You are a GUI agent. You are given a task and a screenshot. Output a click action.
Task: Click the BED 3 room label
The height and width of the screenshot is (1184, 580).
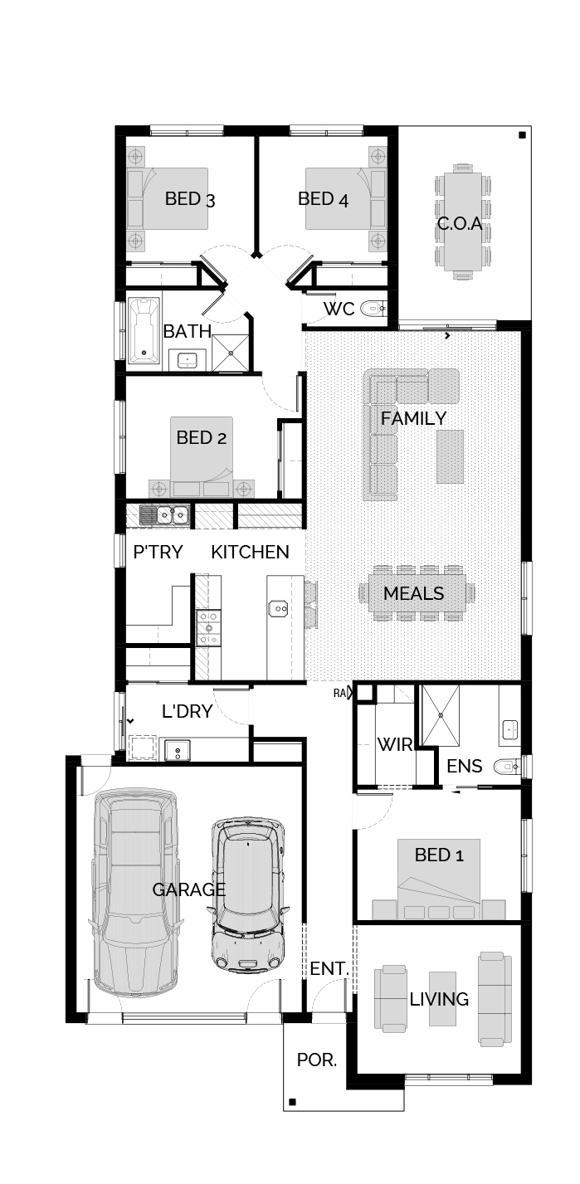pyautogui.click(x=190, y=199)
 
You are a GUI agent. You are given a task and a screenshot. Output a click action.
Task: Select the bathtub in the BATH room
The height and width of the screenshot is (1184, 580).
pyautogui.click(x=144, y=331)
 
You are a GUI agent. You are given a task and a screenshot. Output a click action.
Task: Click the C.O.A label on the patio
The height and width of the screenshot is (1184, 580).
pyautogui.click(x=460, y=223)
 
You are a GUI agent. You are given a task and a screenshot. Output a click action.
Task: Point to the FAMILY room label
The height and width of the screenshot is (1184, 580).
pyautogui.click(x=413, y=419)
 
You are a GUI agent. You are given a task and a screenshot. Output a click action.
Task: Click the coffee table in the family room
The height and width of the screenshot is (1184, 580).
pyautogui.click(x=450, y=456)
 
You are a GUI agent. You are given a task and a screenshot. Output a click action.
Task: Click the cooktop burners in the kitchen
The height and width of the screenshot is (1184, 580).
pyautogui.click(x=209, y=627)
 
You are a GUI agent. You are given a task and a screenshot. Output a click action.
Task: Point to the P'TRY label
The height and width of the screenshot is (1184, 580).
pyautogui.click(x=158, y=552)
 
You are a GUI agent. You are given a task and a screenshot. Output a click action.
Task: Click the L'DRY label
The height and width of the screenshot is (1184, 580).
pyautogui.click(x=188, y=711)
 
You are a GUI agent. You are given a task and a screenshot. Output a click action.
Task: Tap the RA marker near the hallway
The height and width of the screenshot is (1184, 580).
pyautogui.click(x=339, y=693)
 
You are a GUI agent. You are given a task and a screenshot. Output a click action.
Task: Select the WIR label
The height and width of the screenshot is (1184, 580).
pyautogui.click(x=394, y=744)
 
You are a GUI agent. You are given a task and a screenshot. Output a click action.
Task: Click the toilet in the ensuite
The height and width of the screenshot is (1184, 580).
pyautogui.click(x=507, y=766)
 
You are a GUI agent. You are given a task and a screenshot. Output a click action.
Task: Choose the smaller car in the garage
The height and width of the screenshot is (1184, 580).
pyautogui.click(x=248, y=894)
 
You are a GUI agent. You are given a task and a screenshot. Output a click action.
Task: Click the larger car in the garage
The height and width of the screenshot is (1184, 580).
pyautogui.click(x=134, y=893)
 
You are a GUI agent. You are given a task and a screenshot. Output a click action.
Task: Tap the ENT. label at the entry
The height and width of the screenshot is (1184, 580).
pyautogui.click(x=329, y=968)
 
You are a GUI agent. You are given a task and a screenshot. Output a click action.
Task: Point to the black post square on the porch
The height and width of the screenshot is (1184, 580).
pyautogui.click(x=292, y=1102)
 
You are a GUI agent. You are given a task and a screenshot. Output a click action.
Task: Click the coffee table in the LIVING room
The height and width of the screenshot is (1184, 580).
pyautogui.click(x=442, y=998)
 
